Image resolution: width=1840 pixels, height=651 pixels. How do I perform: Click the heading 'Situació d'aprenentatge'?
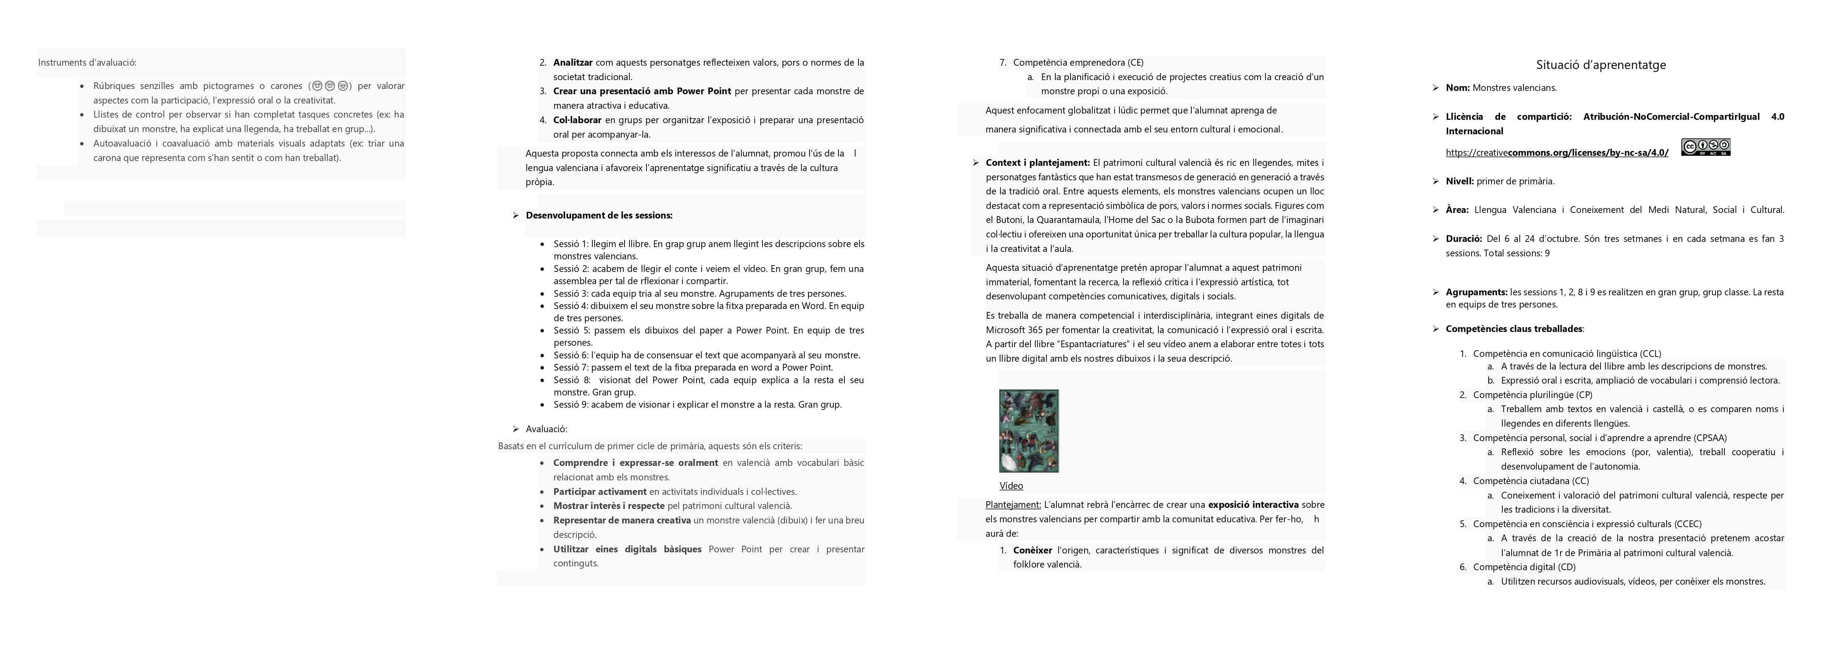tap(1601, 65)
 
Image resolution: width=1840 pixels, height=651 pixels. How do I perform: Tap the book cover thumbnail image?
tap(1029, 431)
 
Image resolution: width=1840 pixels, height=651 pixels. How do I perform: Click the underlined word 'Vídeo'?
tap(1011, 486)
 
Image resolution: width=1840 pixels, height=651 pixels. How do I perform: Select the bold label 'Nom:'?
tap(1457, 88)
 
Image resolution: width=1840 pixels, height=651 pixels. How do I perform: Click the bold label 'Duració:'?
tap(1463, 239)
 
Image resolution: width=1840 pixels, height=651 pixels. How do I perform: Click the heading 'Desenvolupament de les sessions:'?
tap(599, 215)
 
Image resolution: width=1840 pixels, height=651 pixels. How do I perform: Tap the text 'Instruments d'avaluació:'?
tap(87, 63)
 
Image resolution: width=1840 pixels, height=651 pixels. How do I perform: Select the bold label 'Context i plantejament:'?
tap(1037, 163)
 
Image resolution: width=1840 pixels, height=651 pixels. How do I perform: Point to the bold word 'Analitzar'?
tap(573, 63)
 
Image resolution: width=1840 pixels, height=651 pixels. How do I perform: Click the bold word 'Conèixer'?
tap(1032, 550)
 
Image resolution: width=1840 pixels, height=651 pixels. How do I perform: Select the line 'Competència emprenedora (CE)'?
tap(1078, 63)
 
